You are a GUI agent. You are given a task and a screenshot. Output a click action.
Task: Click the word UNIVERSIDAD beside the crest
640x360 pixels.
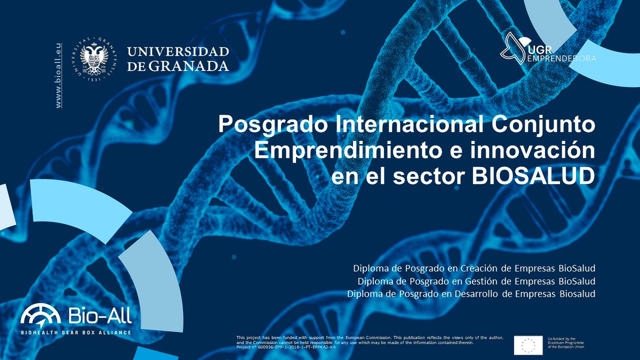click(x=178, y=52)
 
